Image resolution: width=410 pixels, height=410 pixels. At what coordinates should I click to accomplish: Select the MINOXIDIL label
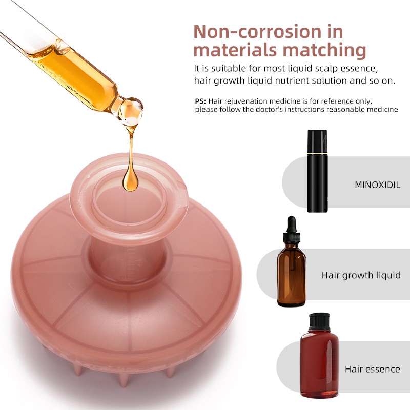coord(377,184)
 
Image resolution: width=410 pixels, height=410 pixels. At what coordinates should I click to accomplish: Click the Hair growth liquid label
coord(361,275)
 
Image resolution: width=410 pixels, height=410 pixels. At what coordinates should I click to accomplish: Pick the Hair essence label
coord(372,369)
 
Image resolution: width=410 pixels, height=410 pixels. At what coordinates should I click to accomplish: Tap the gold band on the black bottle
coord(317,152)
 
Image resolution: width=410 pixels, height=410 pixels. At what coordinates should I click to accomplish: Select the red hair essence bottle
coord(319,361)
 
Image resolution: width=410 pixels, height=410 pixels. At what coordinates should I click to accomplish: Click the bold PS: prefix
coord(200,101)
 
